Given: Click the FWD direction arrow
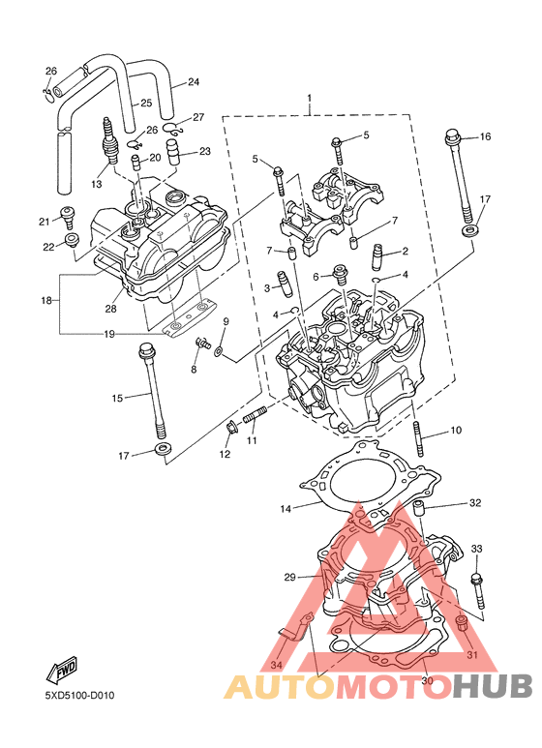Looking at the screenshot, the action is coord(61,669).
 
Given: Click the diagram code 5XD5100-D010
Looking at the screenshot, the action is coord(79,696).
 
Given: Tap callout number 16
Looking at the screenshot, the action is coord(485,136).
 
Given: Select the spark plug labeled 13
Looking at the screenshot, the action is coord(109,141).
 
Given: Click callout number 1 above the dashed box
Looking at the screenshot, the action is coord(309,99).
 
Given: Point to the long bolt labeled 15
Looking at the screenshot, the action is coord(154,392).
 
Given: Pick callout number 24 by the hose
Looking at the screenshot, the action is coord(194,82).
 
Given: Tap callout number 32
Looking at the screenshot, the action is coord(475,503).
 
